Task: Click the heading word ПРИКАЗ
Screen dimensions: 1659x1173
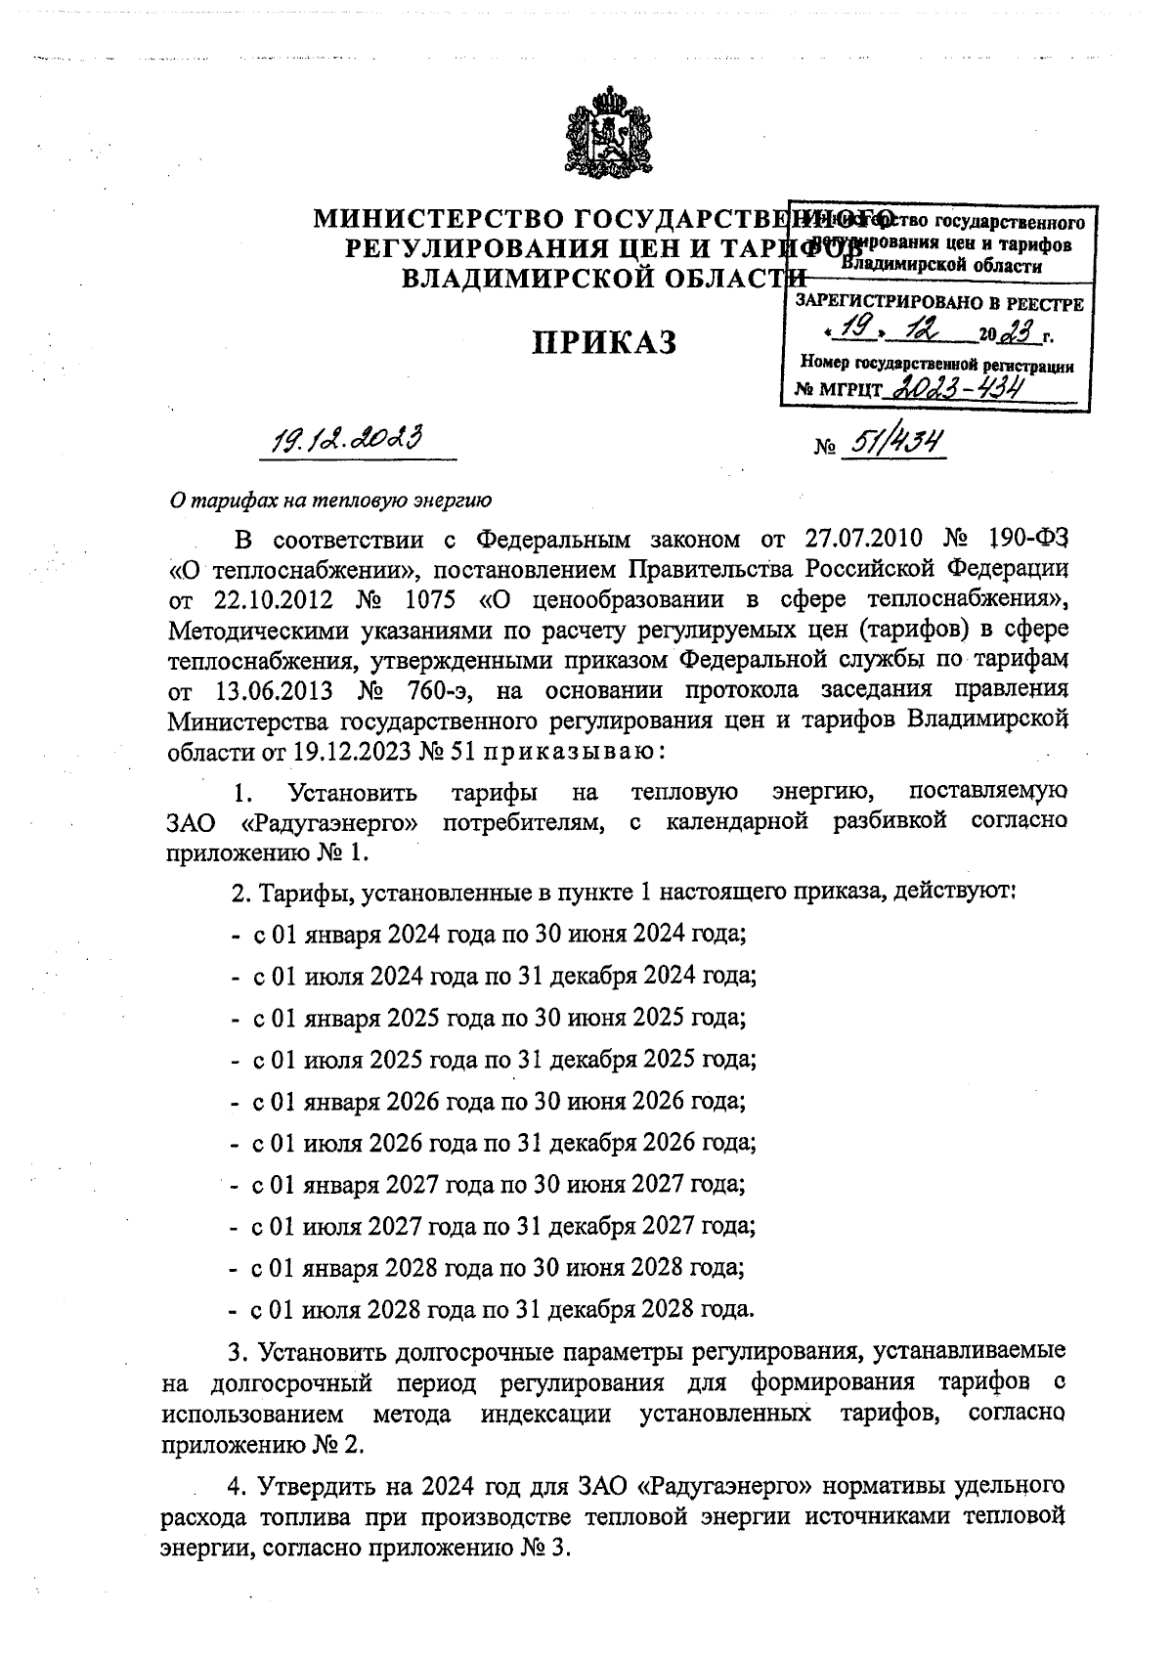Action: (604, 344)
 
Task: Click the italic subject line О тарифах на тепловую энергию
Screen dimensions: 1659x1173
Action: (329, 501)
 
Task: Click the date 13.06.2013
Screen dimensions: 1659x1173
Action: (272, 691)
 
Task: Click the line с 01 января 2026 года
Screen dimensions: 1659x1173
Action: (489, 1101)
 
